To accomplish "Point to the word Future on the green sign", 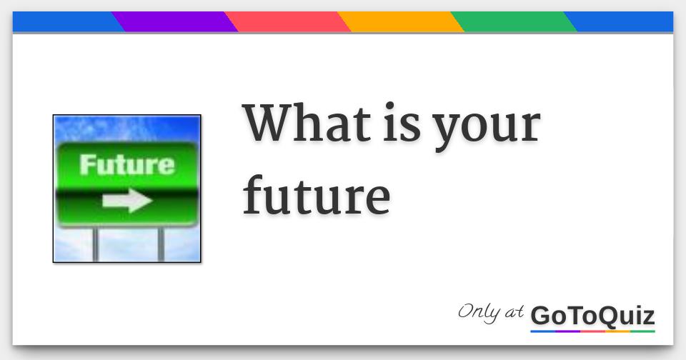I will tap(126, 165).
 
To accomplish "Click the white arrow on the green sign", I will tap(126, 201).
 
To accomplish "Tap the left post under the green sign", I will tap(96, 244).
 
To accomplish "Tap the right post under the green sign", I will tap(161, 244).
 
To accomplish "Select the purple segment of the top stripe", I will tap(174, 22).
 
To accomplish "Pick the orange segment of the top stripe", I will tap(400, 22).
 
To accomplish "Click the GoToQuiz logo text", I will tap(592, 315).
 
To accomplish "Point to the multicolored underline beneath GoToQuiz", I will tap(592, 331).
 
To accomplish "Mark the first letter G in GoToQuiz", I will tap(541, 315).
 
